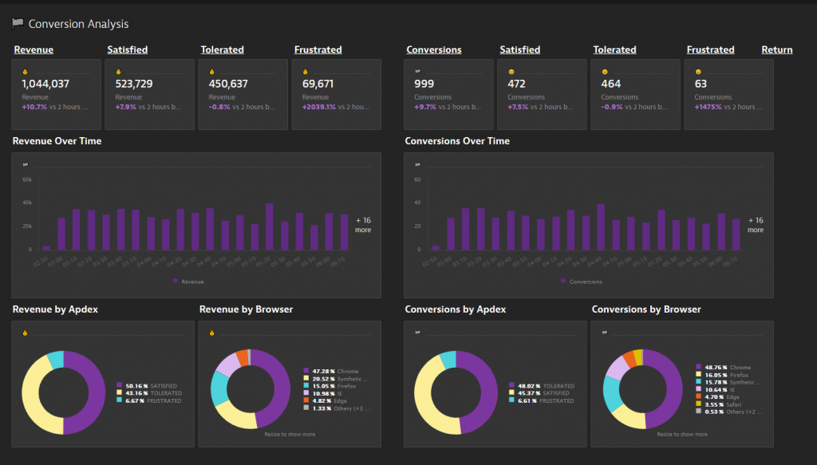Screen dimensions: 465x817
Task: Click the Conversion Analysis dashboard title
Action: (78, 25)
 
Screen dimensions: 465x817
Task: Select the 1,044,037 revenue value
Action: (45, 84)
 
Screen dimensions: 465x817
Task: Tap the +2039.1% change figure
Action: (316, 107)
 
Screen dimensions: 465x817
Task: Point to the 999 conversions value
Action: (424, 84)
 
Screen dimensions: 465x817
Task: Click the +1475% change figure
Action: (707, 107)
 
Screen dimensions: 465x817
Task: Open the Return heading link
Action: (776, 49)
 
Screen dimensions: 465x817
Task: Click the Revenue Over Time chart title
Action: (57, 141)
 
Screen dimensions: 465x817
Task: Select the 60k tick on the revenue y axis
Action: (26, 179)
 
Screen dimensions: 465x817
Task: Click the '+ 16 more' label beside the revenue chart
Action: (363, 225)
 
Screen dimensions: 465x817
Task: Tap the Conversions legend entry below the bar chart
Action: (585, 282)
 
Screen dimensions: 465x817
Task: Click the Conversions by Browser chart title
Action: (646, 309)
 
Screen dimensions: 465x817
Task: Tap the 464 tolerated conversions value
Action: (611, 84)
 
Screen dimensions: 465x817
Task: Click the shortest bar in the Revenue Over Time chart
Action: (46, 247)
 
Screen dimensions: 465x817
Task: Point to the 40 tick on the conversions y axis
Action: (416, 203)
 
